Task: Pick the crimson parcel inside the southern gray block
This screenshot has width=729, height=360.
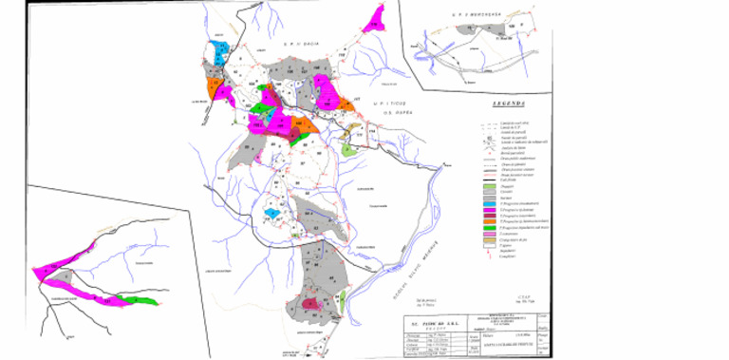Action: click(x=309, y=304)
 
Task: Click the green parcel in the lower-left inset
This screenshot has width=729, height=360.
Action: click(x=140, y=300)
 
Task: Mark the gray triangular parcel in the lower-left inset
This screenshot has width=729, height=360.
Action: click(x=65, y=276)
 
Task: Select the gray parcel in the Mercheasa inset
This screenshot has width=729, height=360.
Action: click(x=468, y=30)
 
